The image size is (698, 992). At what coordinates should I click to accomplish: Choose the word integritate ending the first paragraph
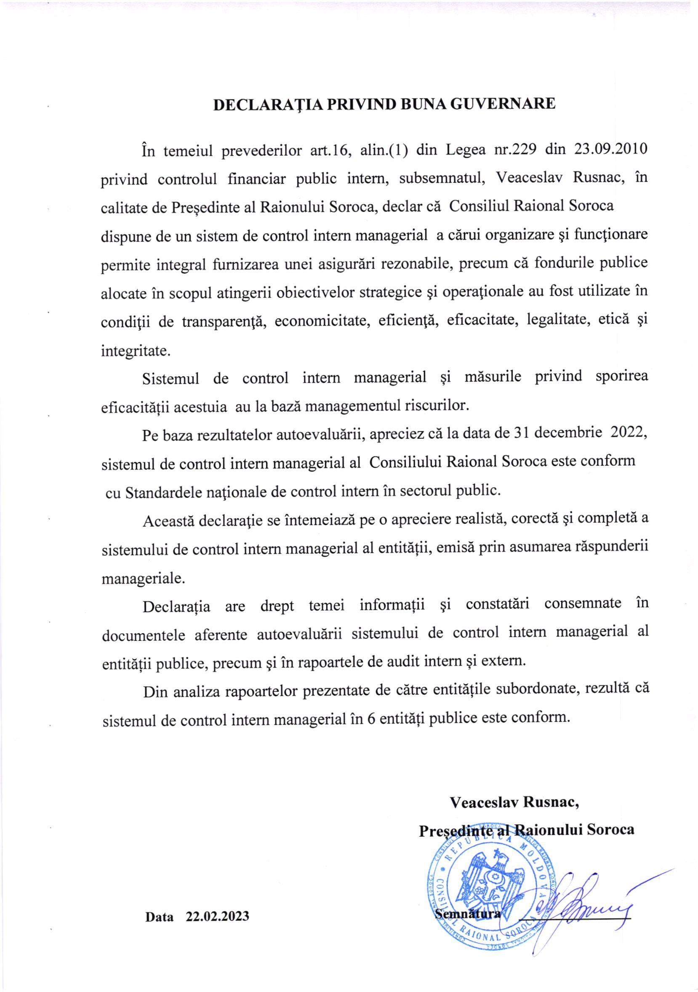(135, 350)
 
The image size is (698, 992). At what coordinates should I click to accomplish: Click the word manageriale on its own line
(143, 578)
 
